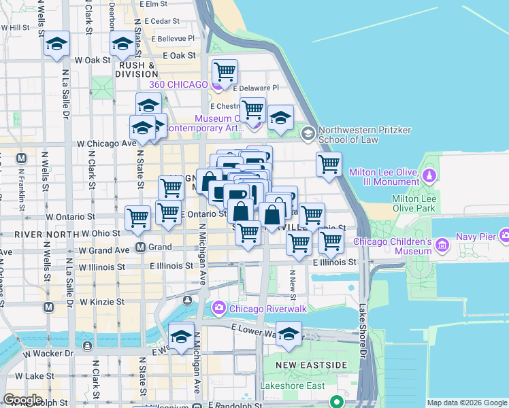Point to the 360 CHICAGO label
point(178,84)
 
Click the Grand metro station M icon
point(142,247)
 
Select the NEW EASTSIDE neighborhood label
point(302,366)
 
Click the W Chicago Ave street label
point(106,143)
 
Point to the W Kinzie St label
point(102,301)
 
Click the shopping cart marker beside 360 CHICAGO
point(224,71)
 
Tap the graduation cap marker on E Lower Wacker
point(289,335)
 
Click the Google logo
point(22,400)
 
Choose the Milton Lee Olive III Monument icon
point(429,176)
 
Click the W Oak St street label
point(93,60)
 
